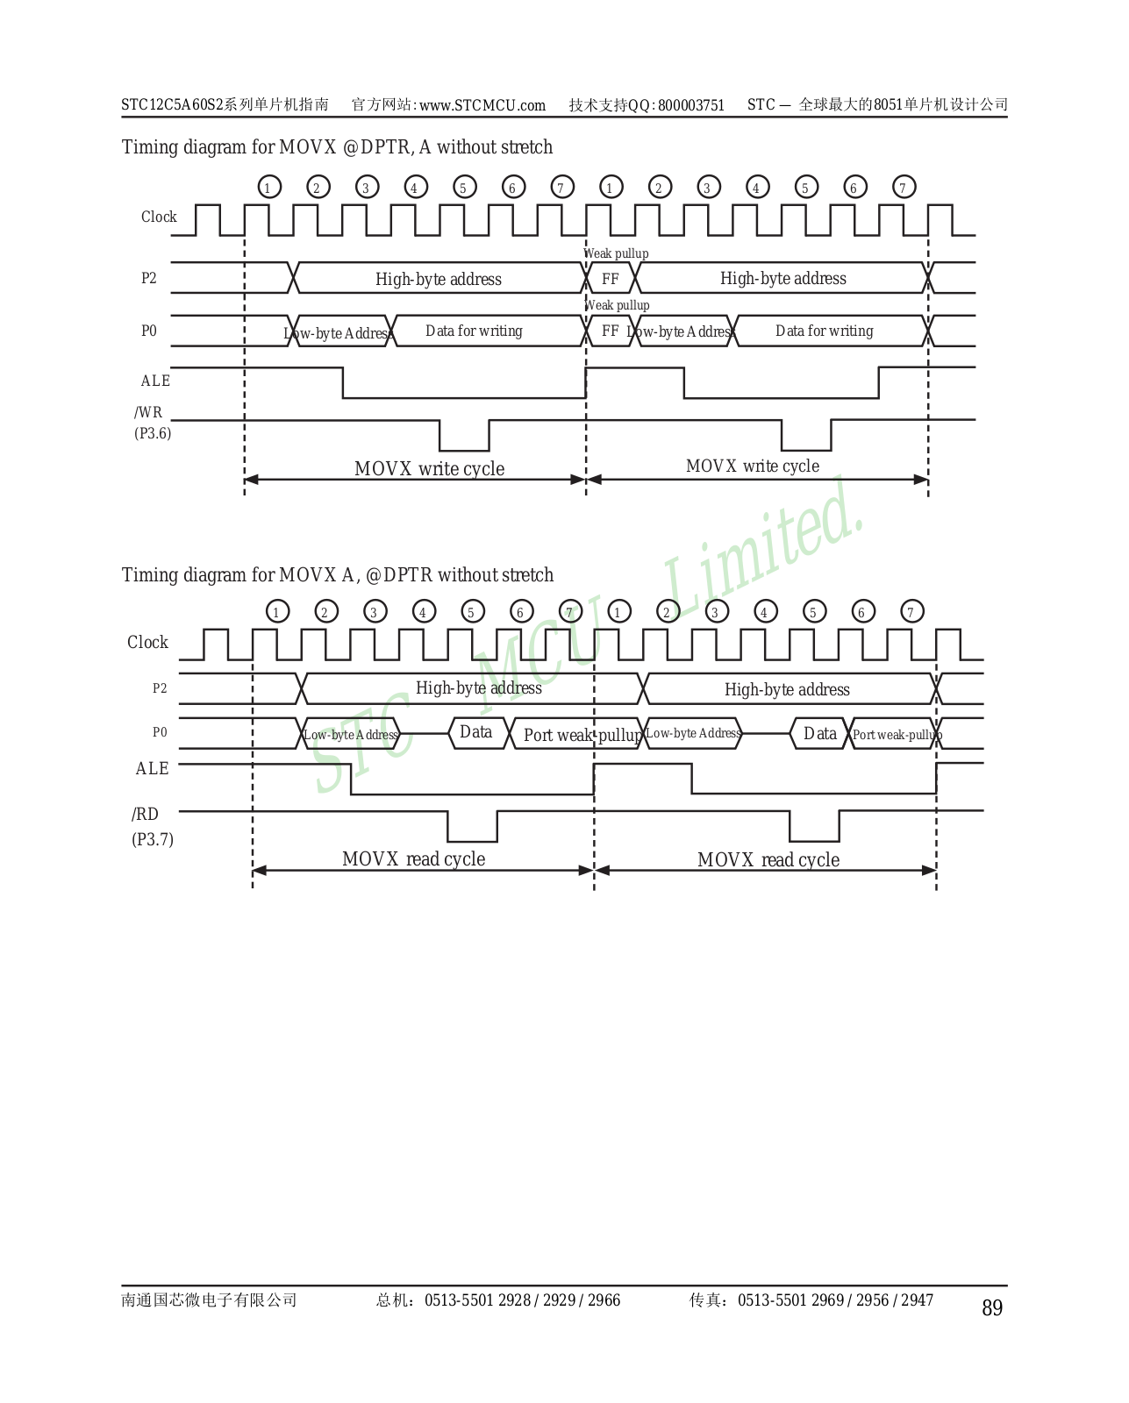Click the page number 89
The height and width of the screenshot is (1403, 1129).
[x=991, y=1308]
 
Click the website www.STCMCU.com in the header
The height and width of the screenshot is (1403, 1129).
[x=482, y=105]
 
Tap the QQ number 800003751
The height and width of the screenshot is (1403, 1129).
[x=691, y=105]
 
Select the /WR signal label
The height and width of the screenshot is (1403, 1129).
[x=148, y=412]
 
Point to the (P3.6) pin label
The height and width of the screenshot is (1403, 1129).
[x=153, y=433]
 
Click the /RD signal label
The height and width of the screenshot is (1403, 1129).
[x=146, y=814]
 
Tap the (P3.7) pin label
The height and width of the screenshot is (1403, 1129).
[x=153, y=839]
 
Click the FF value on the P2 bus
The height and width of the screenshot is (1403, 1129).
[x=611, y=279]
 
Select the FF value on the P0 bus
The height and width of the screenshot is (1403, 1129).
[x=611, y=331]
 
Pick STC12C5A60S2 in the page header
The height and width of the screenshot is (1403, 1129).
[x=172, y=105]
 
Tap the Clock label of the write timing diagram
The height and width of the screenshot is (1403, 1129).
[x=159, y=217]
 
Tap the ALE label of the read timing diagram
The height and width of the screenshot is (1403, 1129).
[x=152, y=768]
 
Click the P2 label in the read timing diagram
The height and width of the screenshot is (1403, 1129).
[x=160, y=688]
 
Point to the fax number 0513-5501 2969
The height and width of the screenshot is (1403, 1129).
[x=790, y=1300]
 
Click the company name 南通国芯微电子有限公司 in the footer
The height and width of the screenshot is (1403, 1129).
[x=209, y=1300]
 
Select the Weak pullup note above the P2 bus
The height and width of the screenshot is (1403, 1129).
[x=617, y=253]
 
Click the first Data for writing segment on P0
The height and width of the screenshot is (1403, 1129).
[x=474, y=331]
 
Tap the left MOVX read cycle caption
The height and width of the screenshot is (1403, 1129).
[x=413, y=859]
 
